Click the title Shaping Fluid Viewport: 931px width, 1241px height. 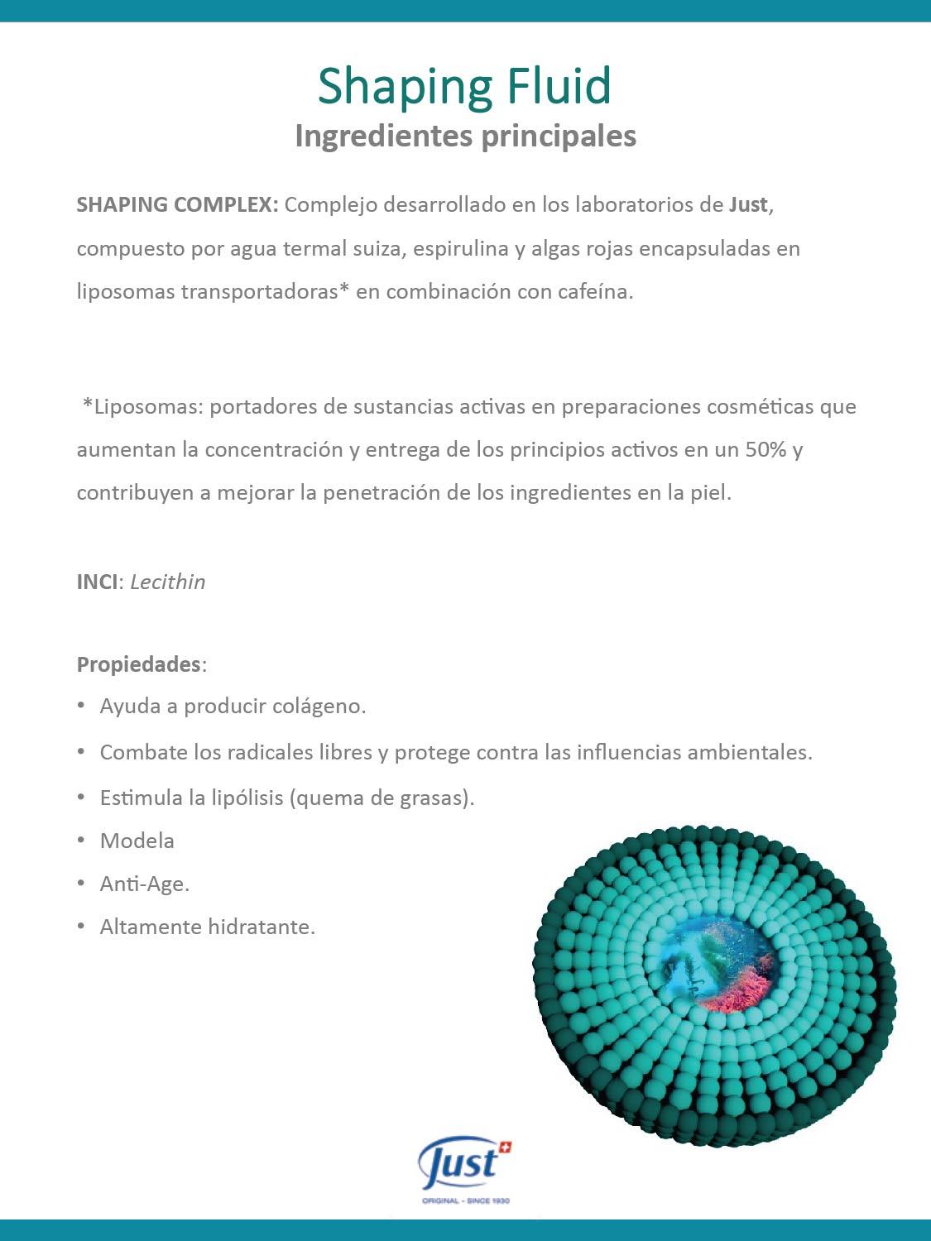click(x=464, y=86)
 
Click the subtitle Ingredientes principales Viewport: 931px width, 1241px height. click(x=465, y=136)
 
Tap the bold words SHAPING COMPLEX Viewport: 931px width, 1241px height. click(x=177, y=205)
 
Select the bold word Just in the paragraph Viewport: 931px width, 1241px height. click(x=748, y=205)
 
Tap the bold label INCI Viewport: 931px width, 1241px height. click(x=98, y=582)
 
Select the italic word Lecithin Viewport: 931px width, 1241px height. click(x=168, y=582)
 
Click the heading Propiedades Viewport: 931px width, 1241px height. click(x=139, y=664)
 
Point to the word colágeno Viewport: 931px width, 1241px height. click(x=319, y=707)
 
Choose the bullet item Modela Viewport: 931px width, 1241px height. click(x=137, y=841)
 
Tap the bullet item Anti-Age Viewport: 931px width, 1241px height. click(x=145, y=884)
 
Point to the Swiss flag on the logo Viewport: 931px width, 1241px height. click(x=506, y=1148)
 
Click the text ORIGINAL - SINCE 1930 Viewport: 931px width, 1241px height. click(x=466, y=1200)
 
